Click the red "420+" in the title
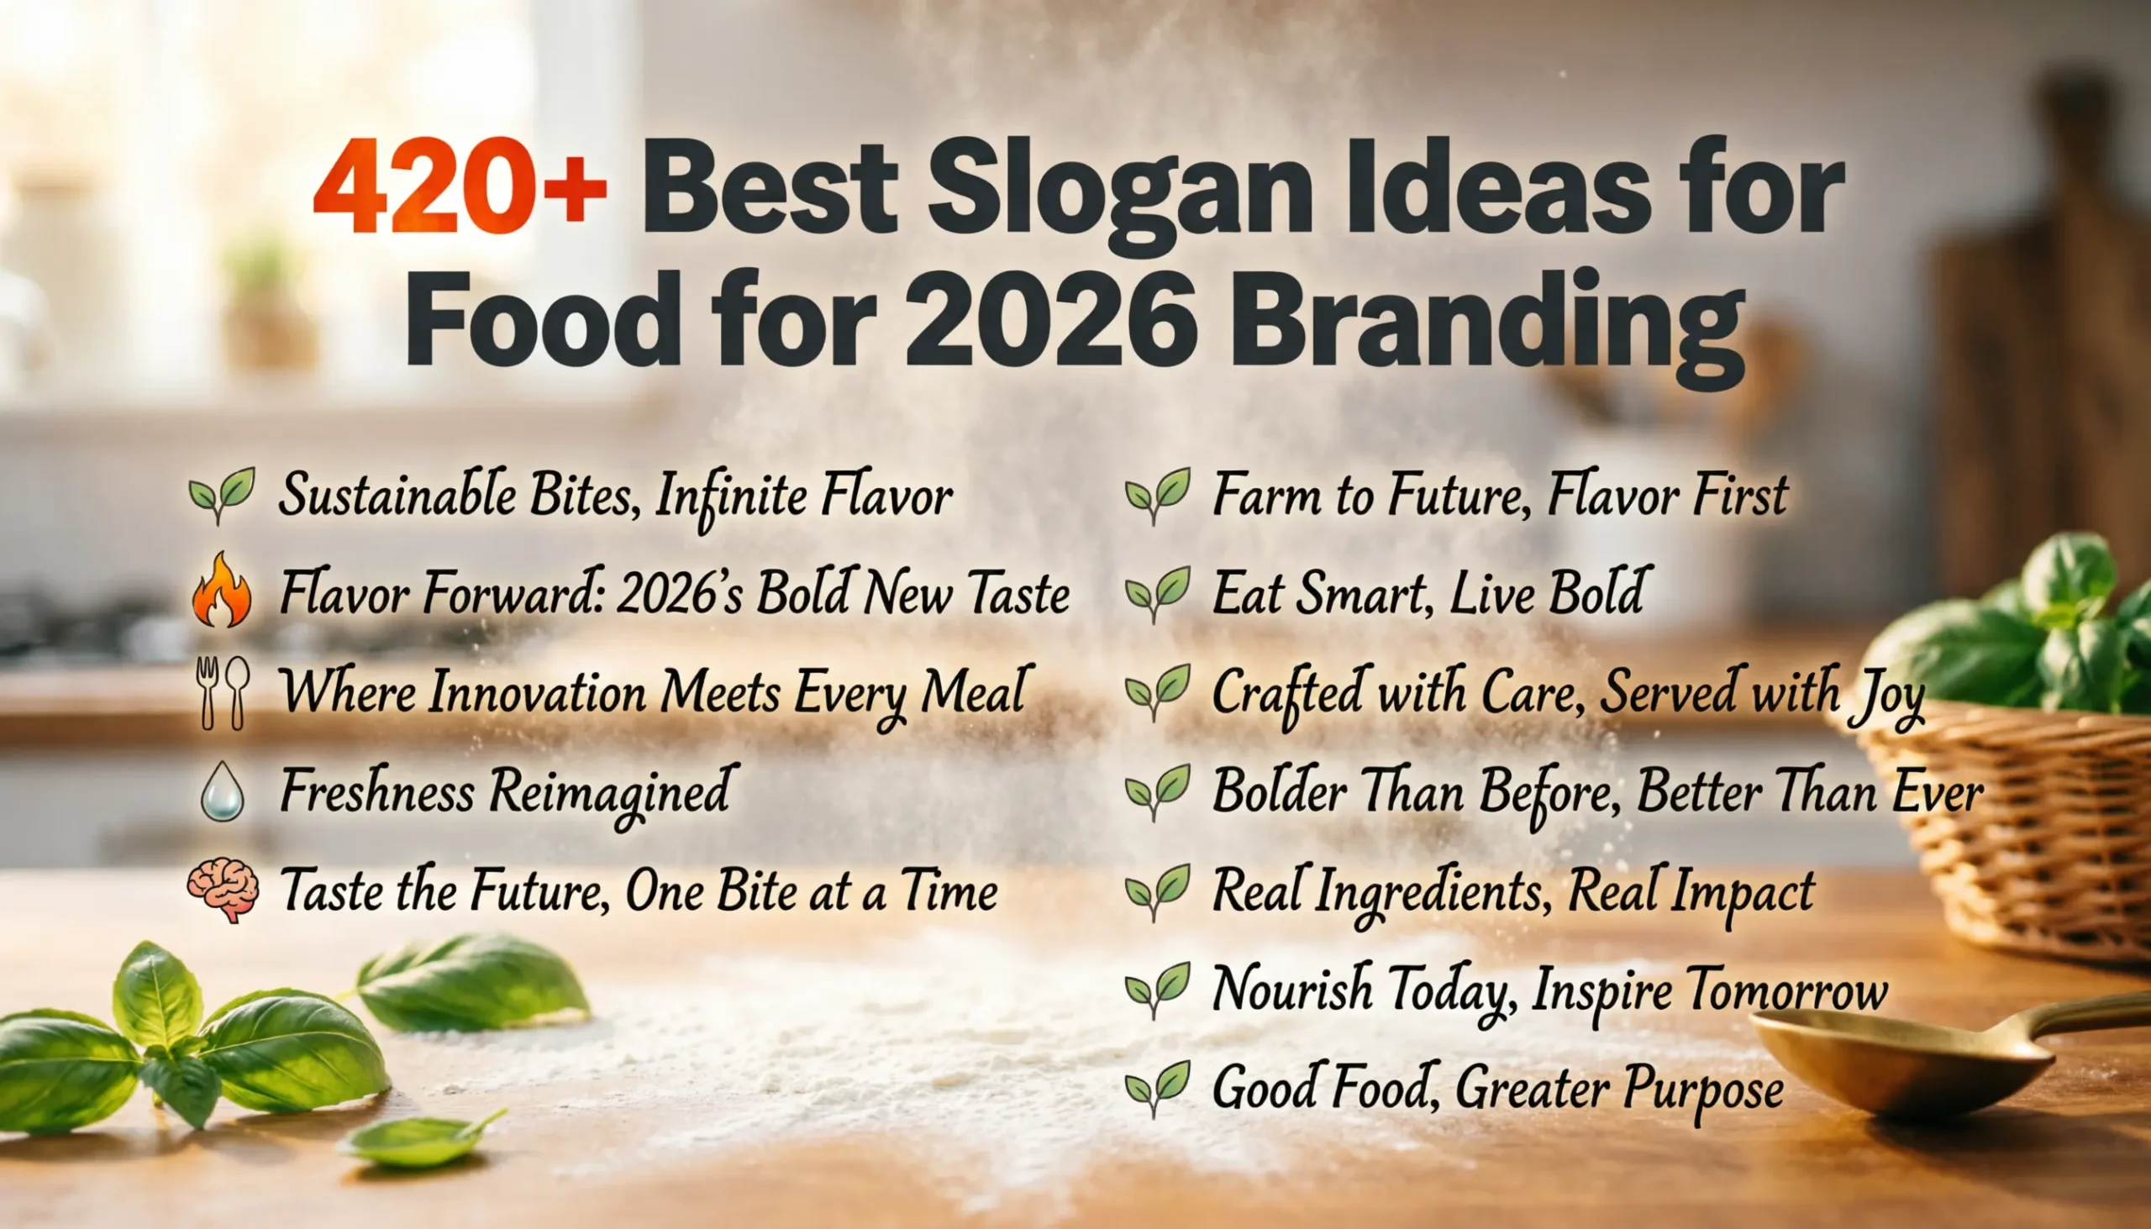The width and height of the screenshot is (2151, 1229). (x=459, y=187)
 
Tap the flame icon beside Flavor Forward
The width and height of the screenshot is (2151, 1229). (x=222, y=591)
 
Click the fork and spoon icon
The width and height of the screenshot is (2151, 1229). (x=222, y=692)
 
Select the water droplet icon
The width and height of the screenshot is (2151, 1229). (x=223, y=791)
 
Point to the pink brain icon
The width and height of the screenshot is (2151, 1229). (x=223, y=890)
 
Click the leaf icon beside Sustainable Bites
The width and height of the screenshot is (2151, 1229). (x=222, y=494)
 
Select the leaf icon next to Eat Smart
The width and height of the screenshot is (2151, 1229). (x=1157, y=592)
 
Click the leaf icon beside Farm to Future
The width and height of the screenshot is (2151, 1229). (x=1157, y=495)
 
